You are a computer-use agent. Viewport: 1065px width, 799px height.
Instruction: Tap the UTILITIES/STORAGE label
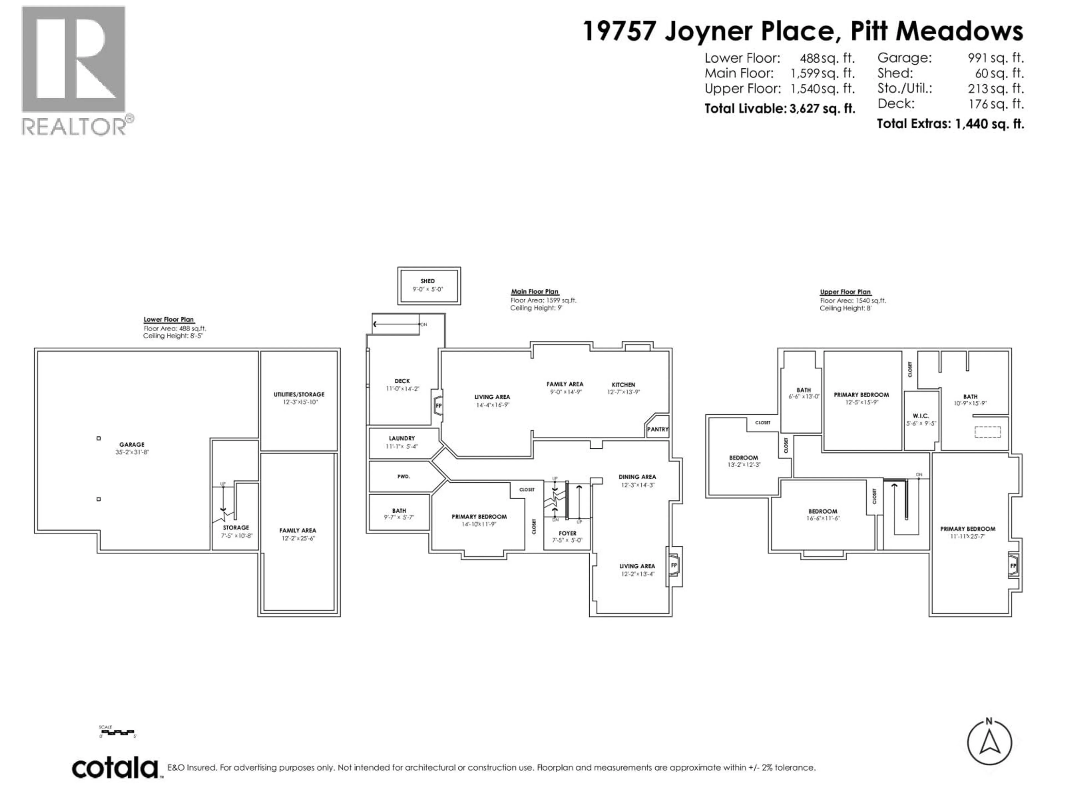(x=299, y=395)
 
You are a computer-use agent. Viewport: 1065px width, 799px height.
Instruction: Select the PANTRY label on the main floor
(x=658, y=429)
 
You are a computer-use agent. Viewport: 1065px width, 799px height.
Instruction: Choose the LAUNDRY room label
(x=402, y=438)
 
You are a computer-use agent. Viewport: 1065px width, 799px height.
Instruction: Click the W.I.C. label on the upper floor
(x=921, y=416)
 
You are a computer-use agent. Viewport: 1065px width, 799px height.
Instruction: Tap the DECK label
(x=402, y=381)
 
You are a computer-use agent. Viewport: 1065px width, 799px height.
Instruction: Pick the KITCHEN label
(x=623, y=385)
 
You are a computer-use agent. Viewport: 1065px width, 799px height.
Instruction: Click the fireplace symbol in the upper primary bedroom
(x=1013, y=566)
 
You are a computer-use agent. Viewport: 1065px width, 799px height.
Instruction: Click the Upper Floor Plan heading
(x=845, y=292)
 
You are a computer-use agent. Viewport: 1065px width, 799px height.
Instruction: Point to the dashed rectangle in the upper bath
(x=988, y=432)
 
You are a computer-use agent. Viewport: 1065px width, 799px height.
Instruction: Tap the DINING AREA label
(x=637, y=477)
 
